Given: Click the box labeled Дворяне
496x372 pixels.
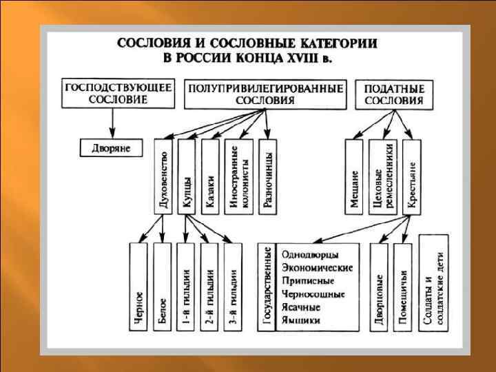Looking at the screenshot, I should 111,147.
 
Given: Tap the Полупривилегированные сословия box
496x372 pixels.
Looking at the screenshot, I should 265,94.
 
